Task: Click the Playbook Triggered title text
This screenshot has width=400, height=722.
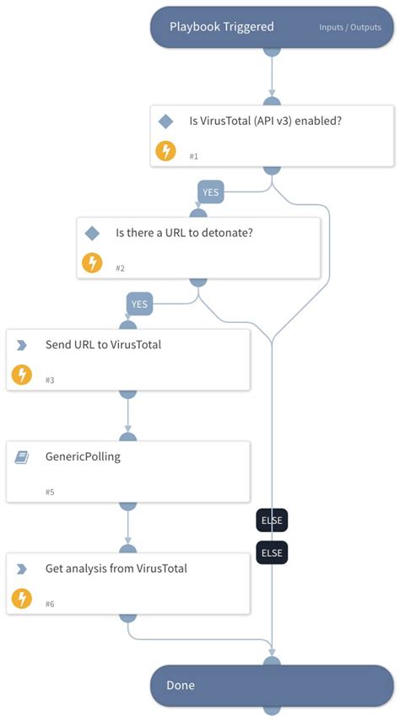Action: click(221, 27)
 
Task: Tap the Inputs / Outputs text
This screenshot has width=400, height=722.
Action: click(350, 28)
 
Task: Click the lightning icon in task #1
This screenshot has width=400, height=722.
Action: click(166, 151)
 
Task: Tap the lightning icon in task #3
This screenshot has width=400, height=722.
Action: click(22, 374)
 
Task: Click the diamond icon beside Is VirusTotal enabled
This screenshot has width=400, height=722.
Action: click(166, 121)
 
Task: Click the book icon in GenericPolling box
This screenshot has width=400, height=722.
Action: click(22, 457)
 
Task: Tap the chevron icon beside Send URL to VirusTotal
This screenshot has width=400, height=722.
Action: click(22, 345)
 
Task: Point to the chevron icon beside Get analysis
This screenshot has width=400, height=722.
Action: click(22, 568)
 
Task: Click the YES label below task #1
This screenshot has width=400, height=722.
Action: click(210, 192)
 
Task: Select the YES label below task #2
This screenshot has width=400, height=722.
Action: click(140, 304)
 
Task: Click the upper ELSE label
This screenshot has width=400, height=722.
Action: click(272, 521)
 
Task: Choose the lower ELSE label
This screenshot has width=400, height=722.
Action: click(272, 553)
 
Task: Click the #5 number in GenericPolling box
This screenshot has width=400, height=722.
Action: click(50, 492)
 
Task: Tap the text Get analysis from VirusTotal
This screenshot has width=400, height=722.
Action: click(116, 568)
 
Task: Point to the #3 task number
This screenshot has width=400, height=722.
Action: click(50, 380)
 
